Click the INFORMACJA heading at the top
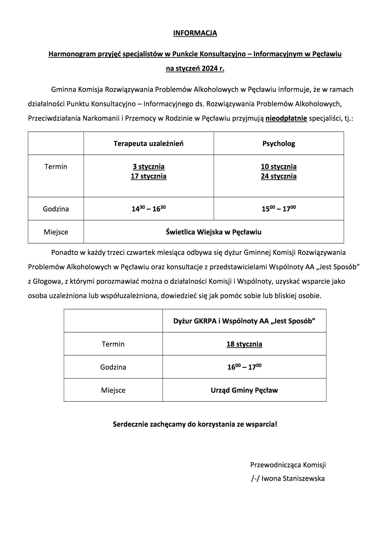[x=195, y=33]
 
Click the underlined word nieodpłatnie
[x=286, y=119]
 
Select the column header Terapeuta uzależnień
[x=149, y=144]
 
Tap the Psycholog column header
[x=278, y=144]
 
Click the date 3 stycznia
[x=149, y=166]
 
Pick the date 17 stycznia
[x=149, y=176]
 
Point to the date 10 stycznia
[x=278, y=166]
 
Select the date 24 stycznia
[x=278, y=176]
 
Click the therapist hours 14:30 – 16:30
[x=149, y=209]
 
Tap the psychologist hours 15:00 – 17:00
[x=278, y=209]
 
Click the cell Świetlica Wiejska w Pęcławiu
[x=213, y=232]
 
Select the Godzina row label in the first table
[x=56, y=209]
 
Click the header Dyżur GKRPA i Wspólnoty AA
[x=244, y=321]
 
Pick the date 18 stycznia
[x=244, y=344]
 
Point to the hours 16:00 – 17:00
[x=244, y=367]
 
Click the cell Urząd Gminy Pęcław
[x=244, y=390]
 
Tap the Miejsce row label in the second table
[x=113, y=390]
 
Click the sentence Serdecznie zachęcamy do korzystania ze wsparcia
[x=195, y=424]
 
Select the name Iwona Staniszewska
[x=293, y=479]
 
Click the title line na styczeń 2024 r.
[x=195, y=69]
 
